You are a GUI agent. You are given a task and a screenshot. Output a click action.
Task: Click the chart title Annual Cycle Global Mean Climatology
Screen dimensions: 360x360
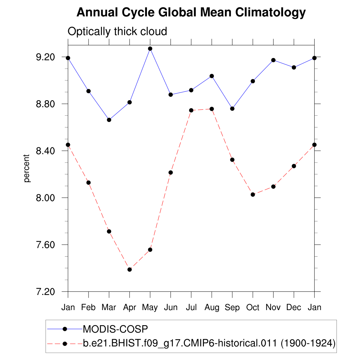[x=191, y=13]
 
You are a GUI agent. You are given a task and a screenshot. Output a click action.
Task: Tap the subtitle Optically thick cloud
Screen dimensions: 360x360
[x=117, y=32]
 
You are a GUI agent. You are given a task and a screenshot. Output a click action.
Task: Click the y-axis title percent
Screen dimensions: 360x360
[x=27, y=168]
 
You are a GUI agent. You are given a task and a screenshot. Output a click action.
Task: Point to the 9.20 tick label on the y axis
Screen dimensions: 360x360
[x=46, y=57]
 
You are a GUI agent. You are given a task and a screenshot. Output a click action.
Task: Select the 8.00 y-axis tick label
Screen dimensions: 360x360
[x=46, y=198]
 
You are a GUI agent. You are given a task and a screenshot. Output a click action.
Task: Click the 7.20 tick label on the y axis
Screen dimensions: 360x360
[x=46, y=292]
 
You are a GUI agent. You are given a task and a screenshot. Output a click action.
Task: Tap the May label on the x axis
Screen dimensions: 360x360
[x=150, y=308]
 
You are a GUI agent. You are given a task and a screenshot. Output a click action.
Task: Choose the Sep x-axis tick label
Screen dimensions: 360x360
[x=232, y=308]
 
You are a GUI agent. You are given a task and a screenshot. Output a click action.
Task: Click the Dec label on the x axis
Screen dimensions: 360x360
[x=294, y=308]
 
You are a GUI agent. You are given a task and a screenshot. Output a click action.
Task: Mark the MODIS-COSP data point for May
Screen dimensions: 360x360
[x=150, y=49]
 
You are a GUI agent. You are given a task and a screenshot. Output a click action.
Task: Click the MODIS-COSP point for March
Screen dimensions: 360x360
[x=109, y=120]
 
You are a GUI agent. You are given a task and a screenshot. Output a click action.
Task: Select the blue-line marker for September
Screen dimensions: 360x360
[x=232, y=109]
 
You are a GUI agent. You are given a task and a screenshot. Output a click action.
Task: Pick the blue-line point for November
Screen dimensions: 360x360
[x=273, y=60]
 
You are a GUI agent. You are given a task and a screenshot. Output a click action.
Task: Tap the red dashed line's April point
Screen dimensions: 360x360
[x=129, y=270]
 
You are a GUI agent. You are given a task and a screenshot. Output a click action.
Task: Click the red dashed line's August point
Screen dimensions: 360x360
[x=212, y=109]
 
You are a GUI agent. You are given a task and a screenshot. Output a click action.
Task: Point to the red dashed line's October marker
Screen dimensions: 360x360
[x=253, y=194]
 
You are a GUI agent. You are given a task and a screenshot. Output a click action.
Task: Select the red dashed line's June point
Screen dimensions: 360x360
[x=171, y=173]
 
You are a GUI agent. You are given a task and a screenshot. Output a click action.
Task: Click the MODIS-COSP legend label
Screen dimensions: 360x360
[x=115, y=329]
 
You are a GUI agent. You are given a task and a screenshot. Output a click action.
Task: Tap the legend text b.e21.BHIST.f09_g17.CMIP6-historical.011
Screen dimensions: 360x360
[x=181, y=343]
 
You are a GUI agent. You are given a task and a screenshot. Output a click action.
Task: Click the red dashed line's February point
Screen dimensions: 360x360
[x=89, y=182]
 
